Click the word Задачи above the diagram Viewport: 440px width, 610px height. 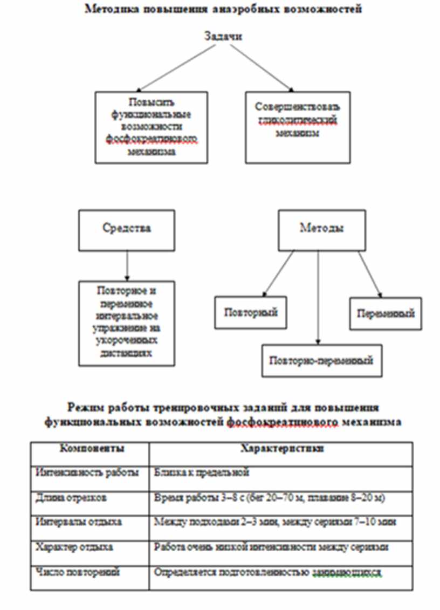(223, 37)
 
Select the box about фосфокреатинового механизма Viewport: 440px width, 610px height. (151, 126)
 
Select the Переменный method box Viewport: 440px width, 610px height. (386, 313)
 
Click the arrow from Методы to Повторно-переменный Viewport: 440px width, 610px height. (318, 297)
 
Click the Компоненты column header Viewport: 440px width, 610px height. (90, 449)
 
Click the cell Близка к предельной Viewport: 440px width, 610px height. (202, 472)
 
